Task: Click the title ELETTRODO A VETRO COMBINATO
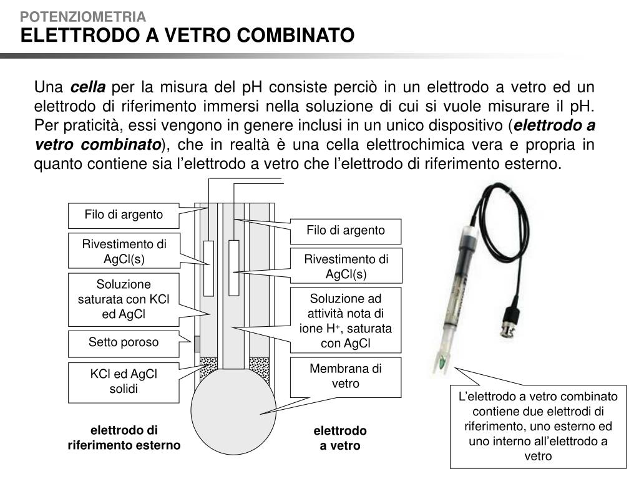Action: coord(187,35)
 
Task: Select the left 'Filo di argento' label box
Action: coord(124,215)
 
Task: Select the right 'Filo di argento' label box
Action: coord(346,231)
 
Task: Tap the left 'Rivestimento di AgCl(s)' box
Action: coord(124,251)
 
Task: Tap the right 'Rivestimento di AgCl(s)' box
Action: coord(346,266)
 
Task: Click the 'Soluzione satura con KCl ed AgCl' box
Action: coord(124,299)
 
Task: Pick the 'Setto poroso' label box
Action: coord(124,342)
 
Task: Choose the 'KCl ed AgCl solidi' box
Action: coord(124,381)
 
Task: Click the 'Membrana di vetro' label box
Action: coord(346,376)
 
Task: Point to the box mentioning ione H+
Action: coord(346,321)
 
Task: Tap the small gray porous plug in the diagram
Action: coord(197,344)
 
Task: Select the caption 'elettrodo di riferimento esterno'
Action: coord(124,438)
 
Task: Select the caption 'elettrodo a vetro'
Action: coord(340,438)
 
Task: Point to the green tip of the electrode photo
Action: coord(442,361)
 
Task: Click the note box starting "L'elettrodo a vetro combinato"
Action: coord(538,427)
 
